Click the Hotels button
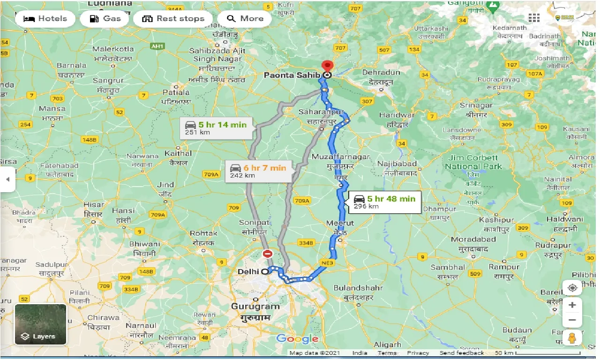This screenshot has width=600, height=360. coord(45,19)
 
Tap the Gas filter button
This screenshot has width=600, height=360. coord(105,19)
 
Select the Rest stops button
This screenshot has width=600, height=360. coord(173,19)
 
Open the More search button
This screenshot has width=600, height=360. coord(245,19)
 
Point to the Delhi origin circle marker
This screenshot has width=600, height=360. coord(265,271)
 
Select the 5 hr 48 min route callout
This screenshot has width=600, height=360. coord(384,202)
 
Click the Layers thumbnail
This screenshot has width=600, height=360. coord(40,324)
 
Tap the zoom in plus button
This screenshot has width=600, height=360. coord(572,305)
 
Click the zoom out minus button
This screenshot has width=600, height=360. coord(572,321)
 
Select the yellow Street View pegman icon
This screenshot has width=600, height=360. coord(572,337)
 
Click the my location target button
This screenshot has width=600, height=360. coord(572,288)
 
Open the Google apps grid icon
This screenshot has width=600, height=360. coord(534,18)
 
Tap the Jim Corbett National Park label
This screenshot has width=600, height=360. coord(473,162)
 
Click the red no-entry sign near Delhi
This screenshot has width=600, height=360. coord(268,254)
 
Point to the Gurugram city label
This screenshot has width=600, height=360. coord(255,307)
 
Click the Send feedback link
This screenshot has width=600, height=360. coord(461,353)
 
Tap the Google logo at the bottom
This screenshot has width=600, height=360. coord(297,339)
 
